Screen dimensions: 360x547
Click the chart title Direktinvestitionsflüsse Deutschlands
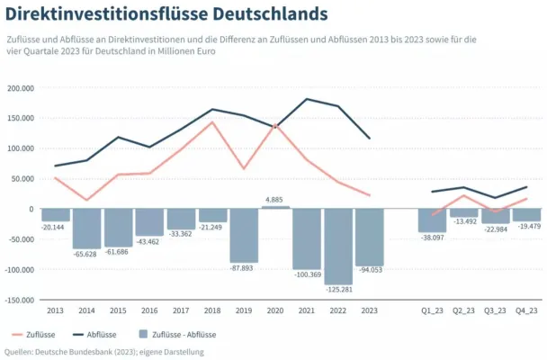[x=166, y=15]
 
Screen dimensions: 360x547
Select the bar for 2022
[x=338, y=246]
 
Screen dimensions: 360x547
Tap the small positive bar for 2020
[x=276, y=207]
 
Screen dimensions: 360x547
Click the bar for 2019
[x=244, y=235]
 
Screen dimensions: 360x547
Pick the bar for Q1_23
[x=433, y=220]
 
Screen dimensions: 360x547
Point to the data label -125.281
[x=338, y=290]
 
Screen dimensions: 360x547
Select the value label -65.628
[x=87, y=255]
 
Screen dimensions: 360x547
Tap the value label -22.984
[x=496, y=229]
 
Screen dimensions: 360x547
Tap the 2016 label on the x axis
[x=149, y=310]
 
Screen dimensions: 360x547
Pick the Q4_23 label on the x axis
[x=526, y=310]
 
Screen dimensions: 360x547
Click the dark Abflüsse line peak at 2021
[x=307, y=99]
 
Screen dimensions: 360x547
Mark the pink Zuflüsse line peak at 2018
[x=212, y=121]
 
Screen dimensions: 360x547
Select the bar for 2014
[x=87, y=229]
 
